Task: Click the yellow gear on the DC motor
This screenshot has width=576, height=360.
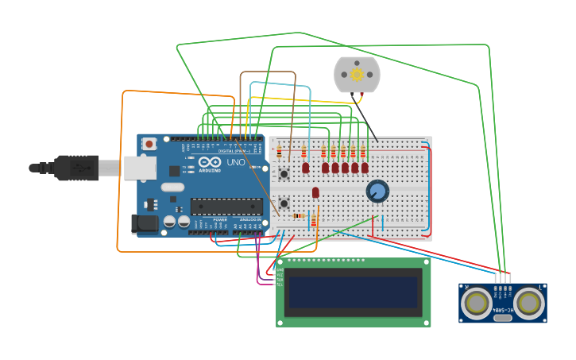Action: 357,75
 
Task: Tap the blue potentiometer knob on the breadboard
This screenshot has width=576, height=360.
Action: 377,191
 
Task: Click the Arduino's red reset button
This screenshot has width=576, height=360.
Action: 149,144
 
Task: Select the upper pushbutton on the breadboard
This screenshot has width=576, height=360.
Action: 283,172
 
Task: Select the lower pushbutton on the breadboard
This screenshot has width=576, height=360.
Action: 283,203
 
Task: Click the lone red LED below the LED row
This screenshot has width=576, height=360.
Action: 315,192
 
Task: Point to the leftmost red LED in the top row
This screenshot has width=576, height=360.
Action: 305,168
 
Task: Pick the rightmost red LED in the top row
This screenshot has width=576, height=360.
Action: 365,168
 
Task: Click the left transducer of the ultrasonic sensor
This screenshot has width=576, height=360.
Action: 477,302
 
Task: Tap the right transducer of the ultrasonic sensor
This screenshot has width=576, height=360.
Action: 528,302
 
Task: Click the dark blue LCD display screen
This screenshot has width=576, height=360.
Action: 352,292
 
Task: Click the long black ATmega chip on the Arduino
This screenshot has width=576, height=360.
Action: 226,207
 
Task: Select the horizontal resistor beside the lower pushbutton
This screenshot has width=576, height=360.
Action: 299,215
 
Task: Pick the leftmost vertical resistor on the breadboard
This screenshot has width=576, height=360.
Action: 279,152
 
